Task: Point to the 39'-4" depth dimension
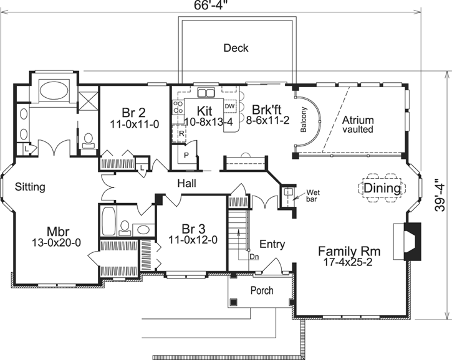[440, 197]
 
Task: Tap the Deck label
[236, 48]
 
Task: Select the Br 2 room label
[133, 113]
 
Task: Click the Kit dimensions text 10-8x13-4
[208, 122]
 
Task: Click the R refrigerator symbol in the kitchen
[181, 133]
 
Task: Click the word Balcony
[304, 120]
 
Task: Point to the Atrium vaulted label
[357, 125]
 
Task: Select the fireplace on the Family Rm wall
[399, 241]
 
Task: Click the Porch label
[262, 290]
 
